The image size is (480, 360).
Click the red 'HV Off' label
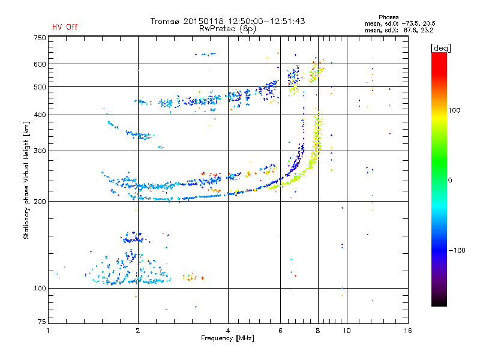[x=65, y=27]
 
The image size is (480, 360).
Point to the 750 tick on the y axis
[x=40, y=38]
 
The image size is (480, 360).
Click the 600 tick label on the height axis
[x=40, y=64]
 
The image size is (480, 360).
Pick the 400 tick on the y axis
[x=40, y=115]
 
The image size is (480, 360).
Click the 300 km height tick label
[x=40, y=151]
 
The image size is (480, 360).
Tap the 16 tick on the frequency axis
[x=407, y=331]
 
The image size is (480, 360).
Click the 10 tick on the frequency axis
[x=346, y=331]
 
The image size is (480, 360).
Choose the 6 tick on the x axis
[x=280, y=331]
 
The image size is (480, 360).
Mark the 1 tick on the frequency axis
[x=48, y=331]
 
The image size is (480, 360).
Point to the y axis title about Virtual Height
[x=26, y=180]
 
